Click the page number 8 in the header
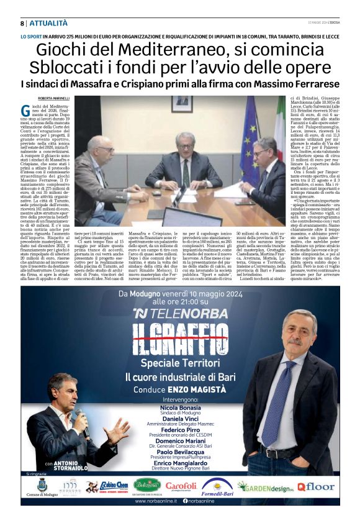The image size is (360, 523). [22, 23]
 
